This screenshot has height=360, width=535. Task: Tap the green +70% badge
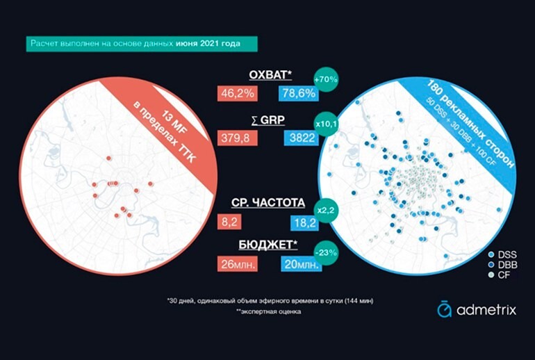(326, 79)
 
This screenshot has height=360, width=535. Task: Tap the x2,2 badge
(327, 207)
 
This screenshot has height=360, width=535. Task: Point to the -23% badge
(325, 251)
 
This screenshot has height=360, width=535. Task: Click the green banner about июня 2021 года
(141, 44)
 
